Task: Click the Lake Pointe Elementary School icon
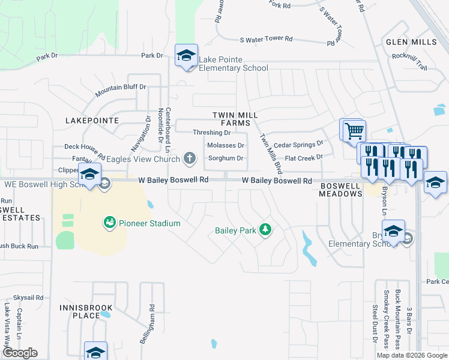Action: pyautogui.click(x=186, y=56)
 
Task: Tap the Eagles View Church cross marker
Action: pyautogui.click(x=190, y=159)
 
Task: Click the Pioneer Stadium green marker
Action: pyautogui.click(x=109, y=223)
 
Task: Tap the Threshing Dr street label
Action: pyautogui.click(x=211, y=133)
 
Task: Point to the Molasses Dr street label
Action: pyautogui.click(x=225, y=146)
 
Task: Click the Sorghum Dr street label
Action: pyautogui.click(x=225, y=158)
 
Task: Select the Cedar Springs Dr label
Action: pyautogui.click(x=298, y=145)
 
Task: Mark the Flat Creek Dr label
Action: pyautogui.click(x=304, y=157)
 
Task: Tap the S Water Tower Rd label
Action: pyautogui.click(x=266, y=39)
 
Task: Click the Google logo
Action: pyautogui.click(x=20, y=352)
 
